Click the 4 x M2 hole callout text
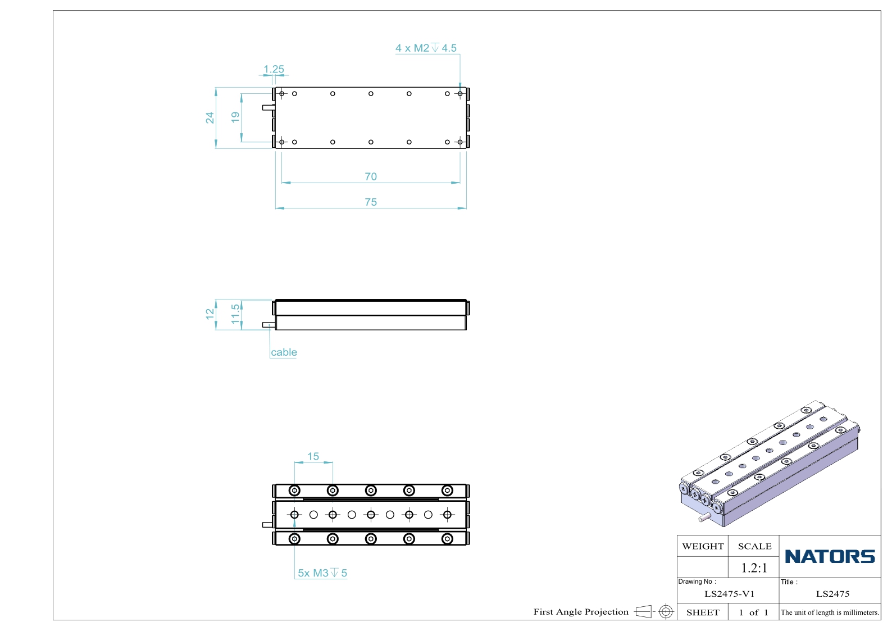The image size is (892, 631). (x=426, y=48)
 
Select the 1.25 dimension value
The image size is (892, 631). (x=274, y=69)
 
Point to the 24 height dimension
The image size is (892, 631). (x=210, y=118)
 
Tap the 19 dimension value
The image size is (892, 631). (x=235, y=117)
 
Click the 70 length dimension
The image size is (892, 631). (x=371, y=176)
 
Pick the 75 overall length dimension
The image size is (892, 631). (x=371, y=202)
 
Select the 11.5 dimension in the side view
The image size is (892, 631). (x=235, y=314)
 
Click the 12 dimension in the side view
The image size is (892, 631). (x=210, y=314)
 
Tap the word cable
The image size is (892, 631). (x=284, y=352)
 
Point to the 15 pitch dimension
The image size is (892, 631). (x=313, y=456)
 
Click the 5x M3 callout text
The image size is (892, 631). (x=322, y=573)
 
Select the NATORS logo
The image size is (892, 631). (x=830, y=556)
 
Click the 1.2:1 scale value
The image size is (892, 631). (x=754, y=568)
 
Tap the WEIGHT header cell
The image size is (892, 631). (x=703, y=546)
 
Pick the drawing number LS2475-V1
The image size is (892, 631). (x=730, y=594)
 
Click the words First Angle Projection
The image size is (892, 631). (x=581, y=611)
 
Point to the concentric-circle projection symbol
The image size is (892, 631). (x=666, y=611)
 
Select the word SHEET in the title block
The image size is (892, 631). (x=703, y=612)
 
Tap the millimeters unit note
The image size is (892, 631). (x=830, y=612)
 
